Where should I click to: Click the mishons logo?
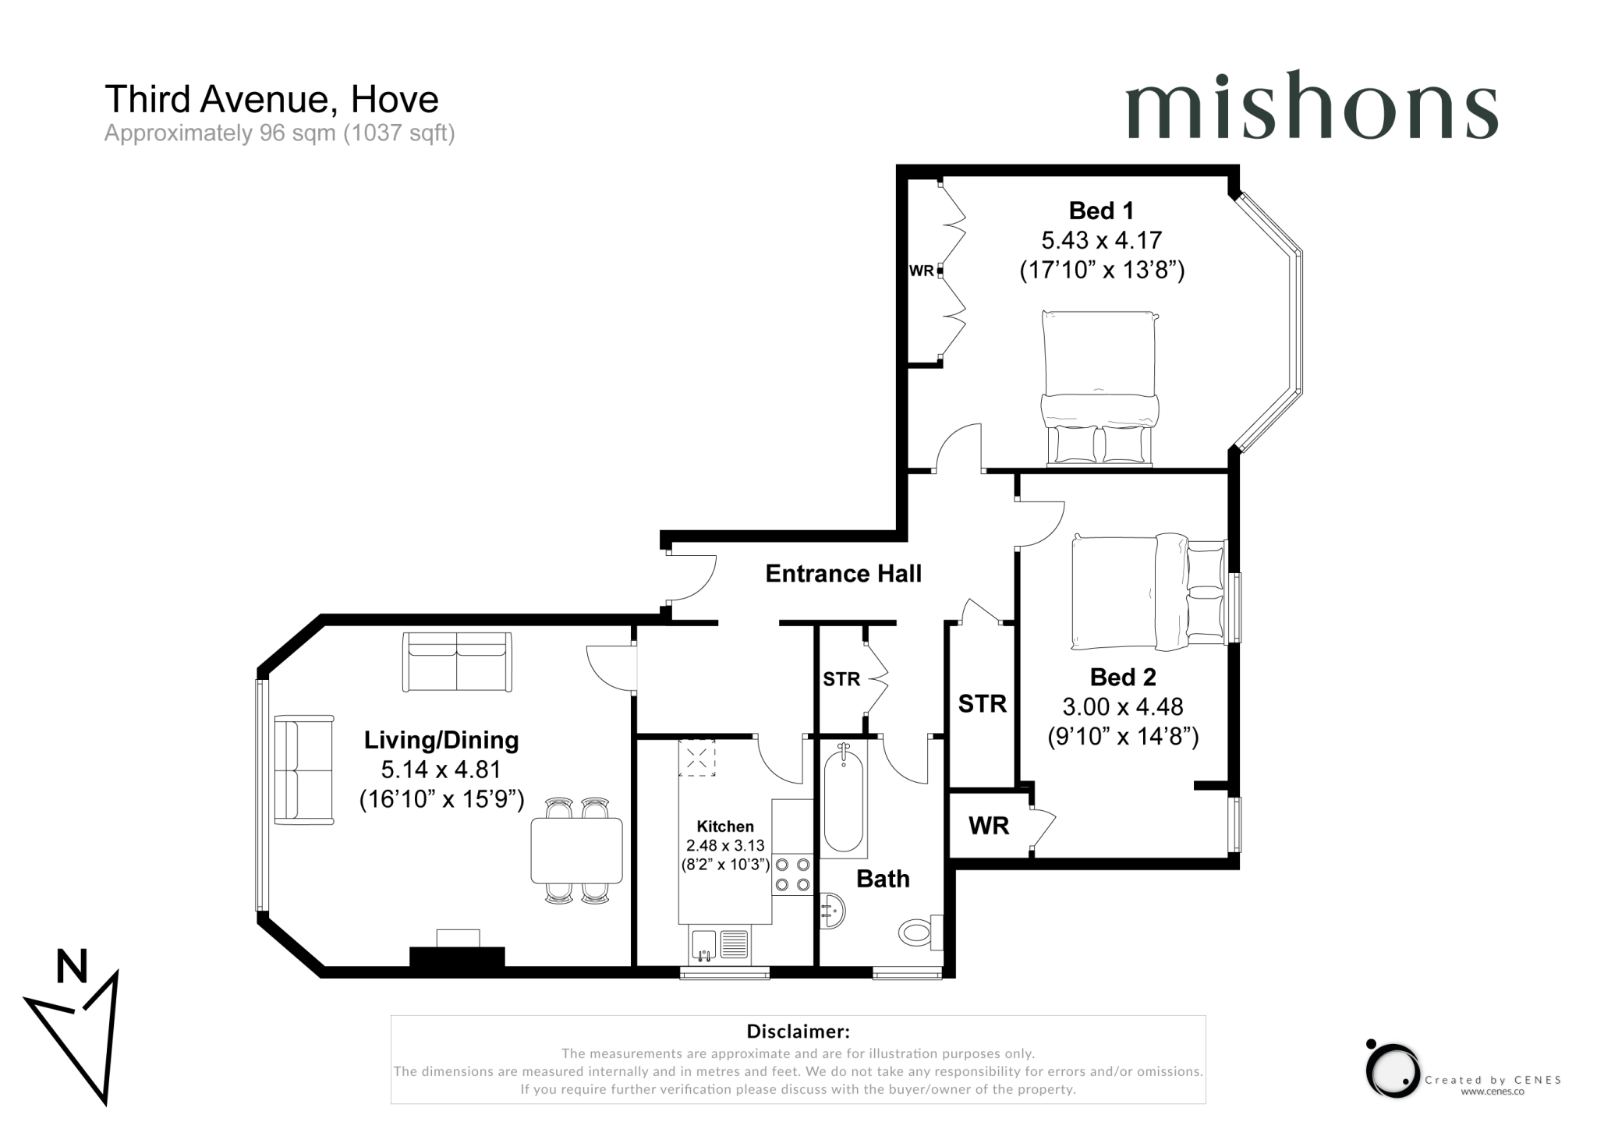click(1312, 107)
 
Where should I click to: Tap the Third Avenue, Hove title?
click(271, 99)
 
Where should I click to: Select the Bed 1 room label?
click(1100, 211)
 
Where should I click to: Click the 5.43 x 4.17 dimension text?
click(1101, 240)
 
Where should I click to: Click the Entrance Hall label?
click(843, 574)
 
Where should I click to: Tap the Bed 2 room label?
click(1122, 677)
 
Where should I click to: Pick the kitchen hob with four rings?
click(791, 875)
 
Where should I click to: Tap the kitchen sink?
click(703, 945)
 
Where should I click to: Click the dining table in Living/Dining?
click(576, 850)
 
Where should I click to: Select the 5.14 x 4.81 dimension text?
click(441, 770)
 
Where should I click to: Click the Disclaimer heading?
click(798, 1032)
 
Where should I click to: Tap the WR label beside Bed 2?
click(988, 826)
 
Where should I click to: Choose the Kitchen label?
click(724, 826)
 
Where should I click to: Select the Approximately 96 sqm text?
click(279, 133)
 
